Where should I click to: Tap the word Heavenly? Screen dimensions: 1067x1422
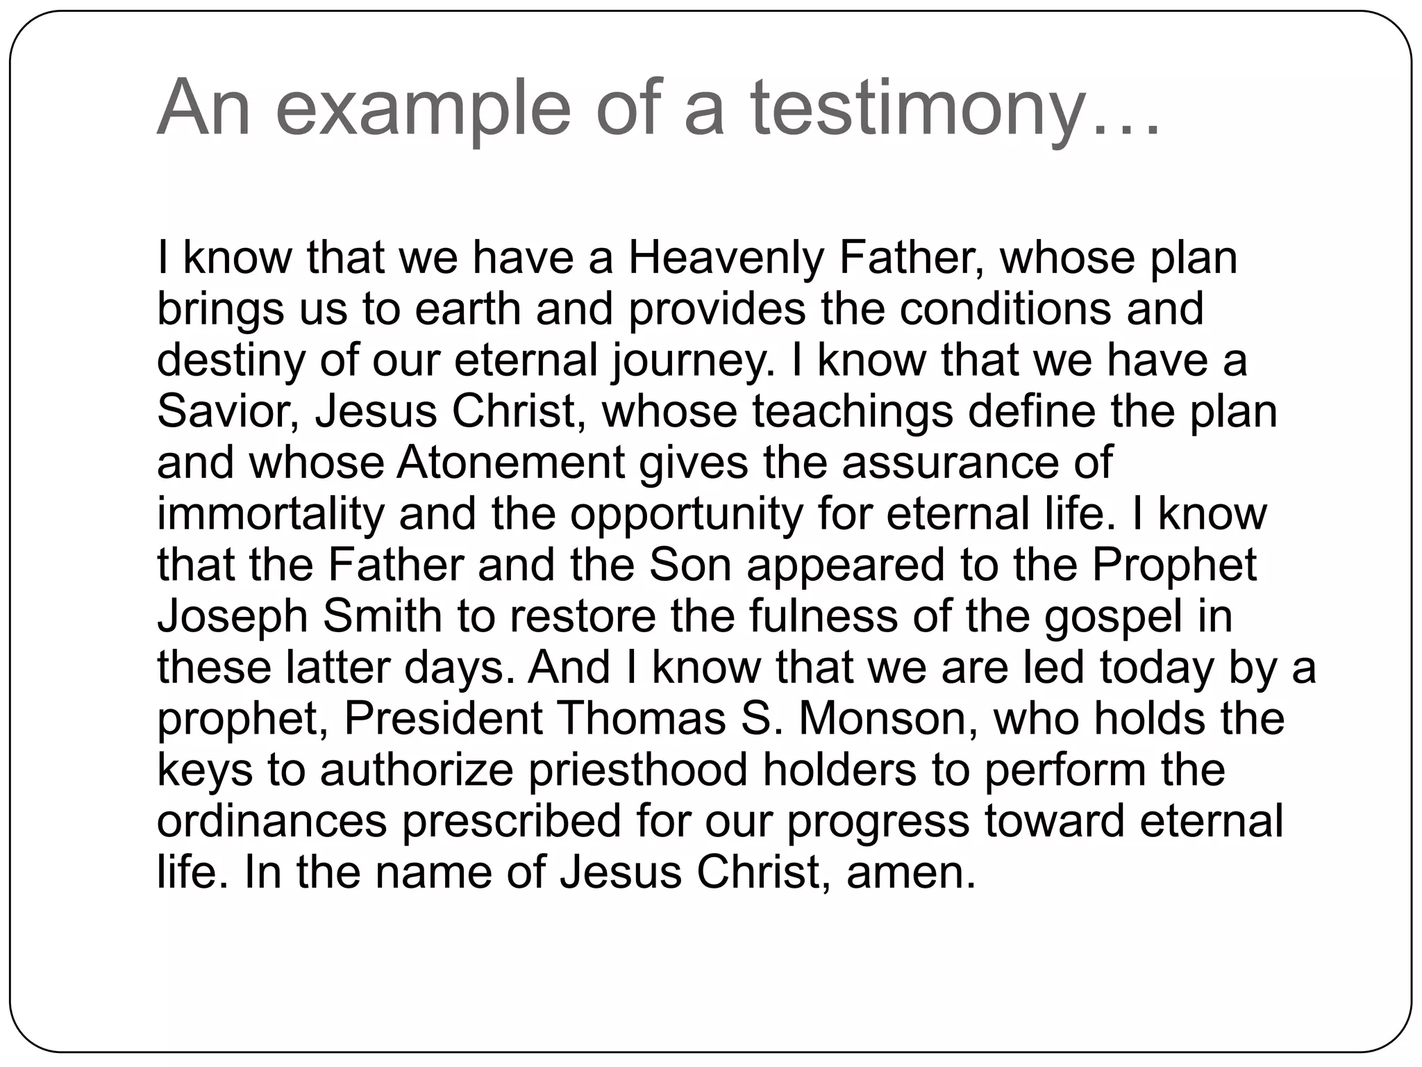point(726,258)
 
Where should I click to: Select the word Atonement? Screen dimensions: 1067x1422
point(511,463)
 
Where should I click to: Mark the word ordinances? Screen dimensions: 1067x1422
point(271,822)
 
